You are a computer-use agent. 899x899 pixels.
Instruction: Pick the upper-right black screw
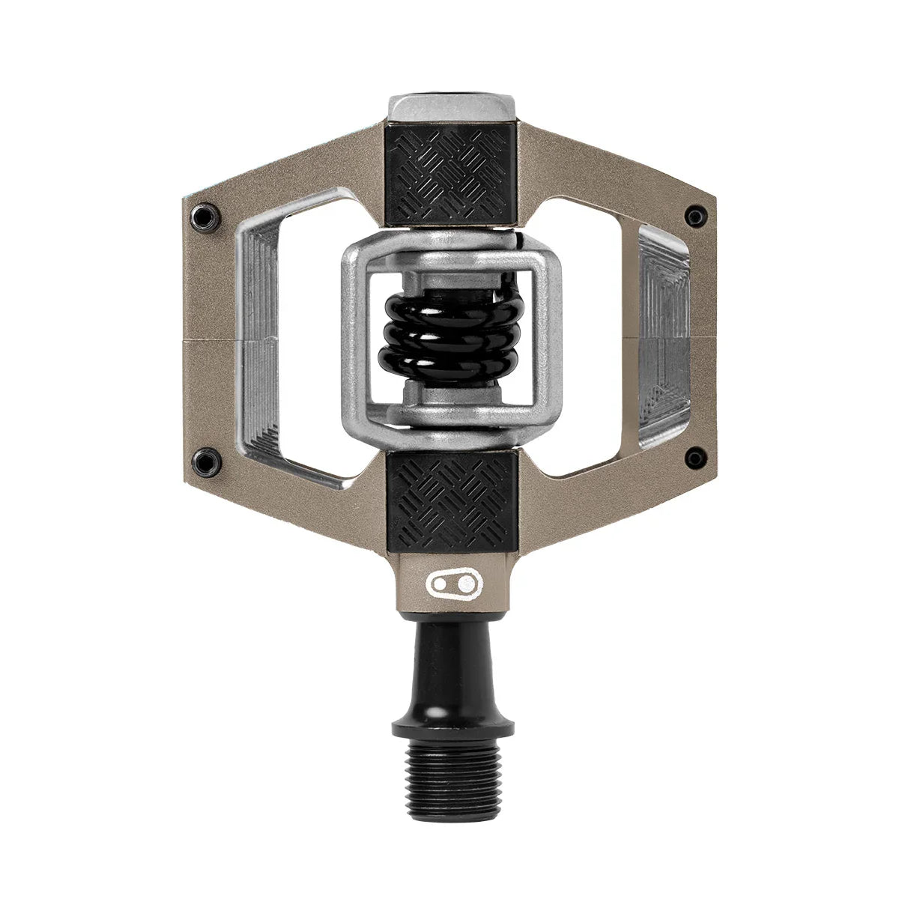[697, 216]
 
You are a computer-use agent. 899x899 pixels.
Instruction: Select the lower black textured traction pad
[452, 498]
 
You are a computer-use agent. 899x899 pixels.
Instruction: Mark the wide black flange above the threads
[452, 725]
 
